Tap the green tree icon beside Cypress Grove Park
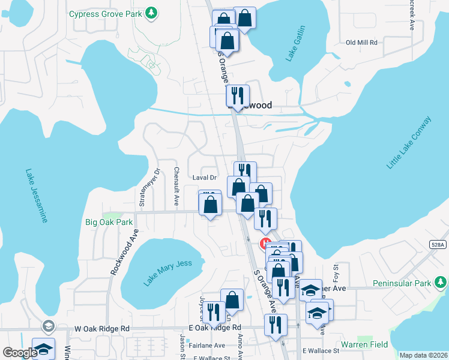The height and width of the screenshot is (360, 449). click(152, 12)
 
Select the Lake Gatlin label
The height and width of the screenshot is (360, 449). click(296, 43)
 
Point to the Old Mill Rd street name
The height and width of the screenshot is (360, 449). click(361, 43)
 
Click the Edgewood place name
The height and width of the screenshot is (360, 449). click(255, 105)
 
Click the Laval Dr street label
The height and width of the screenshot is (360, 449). click(204, 178)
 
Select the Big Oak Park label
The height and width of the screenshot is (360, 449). click(109, 222)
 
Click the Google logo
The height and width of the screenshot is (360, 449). click(20, 353)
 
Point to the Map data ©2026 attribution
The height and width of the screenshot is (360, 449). click(423, 355)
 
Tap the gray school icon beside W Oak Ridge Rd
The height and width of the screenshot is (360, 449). click(47, 326)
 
